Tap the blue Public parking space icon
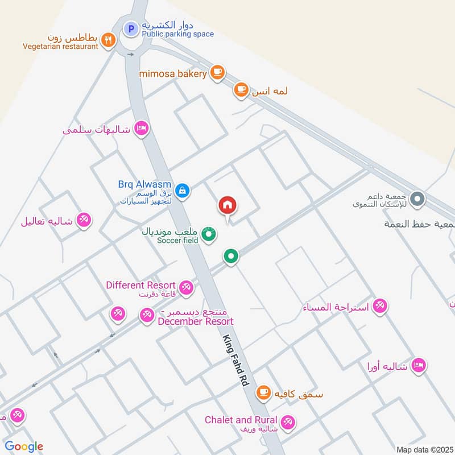(131, 27)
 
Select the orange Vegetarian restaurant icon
(108, 40)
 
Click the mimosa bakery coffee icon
(217, 72)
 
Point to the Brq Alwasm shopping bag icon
(182, 191)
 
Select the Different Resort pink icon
(185, 288)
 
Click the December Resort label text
(196, 321)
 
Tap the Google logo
(24, 446)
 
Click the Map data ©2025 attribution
(424, 450)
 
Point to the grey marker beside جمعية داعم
(418, 199)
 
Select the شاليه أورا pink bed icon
(419, 366)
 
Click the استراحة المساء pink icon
(380, 305)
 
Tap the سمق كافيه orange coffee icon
(263, 392)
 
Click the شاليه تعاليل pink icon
(84, 220)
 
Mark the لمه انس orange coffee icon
(241, 89)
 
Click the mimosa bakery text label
(174, 73)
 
